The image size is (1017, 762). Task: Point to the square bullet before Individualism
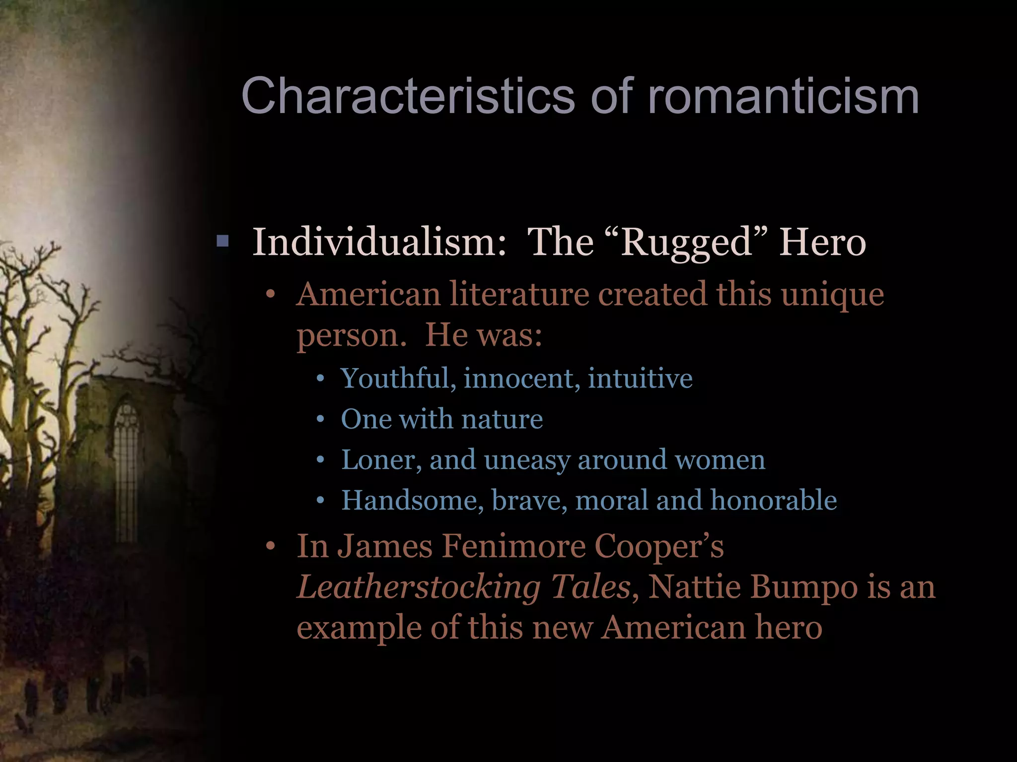(223, 242)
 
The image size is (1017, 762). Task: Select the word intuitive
(640, 378)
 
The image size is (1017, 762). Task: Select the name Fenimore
(513, 546)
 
